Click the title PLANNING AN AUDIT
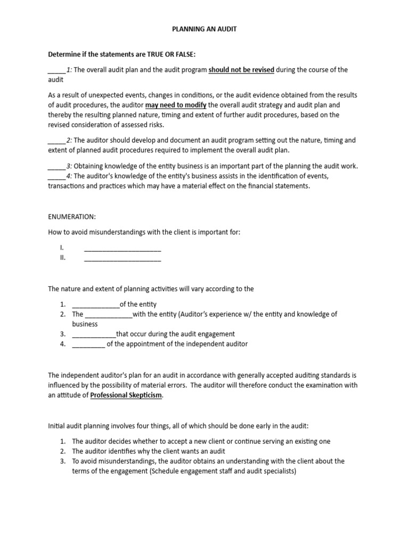tap(204, 30)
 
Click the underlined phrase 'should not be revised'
tap(241, 70)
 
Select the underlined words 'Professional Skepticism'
tap(126, 395)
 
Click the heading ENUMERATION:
tap(71, 217)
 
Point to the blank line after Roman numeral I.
tap(122, 249)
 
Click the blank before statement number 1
tap(56, 70)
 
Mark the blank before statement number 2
tap(56, 141)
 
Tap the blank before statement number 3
tap(56, 167)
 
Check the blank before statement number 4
tap(56, 177)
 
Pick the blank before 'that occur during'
tap(93, 335)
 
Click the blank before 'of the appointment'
tap(88, 344)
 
